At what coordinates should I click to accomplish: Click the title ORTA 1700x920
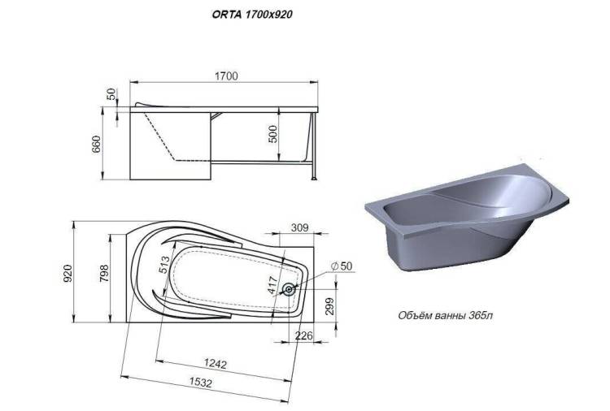(252, 15)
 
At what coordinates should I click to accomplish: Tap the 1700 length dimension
(226, 76)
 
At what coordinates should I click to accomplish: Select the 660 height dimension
(96, 144)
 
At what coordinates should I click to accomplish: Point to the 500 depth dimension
(273, 134)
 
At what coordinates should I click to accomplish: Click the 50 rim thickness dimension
(111, 94)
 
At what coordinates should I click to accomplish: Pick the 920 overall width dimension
(68, 273)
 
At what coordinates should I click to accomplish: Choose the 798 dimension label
(104, 273)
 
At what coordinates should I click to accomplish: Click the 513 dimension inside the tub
(164, 265)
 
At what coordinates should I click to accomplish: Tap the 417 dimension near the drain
(272, 285)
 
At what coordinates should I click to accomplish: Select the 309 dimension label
(299, 227)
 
